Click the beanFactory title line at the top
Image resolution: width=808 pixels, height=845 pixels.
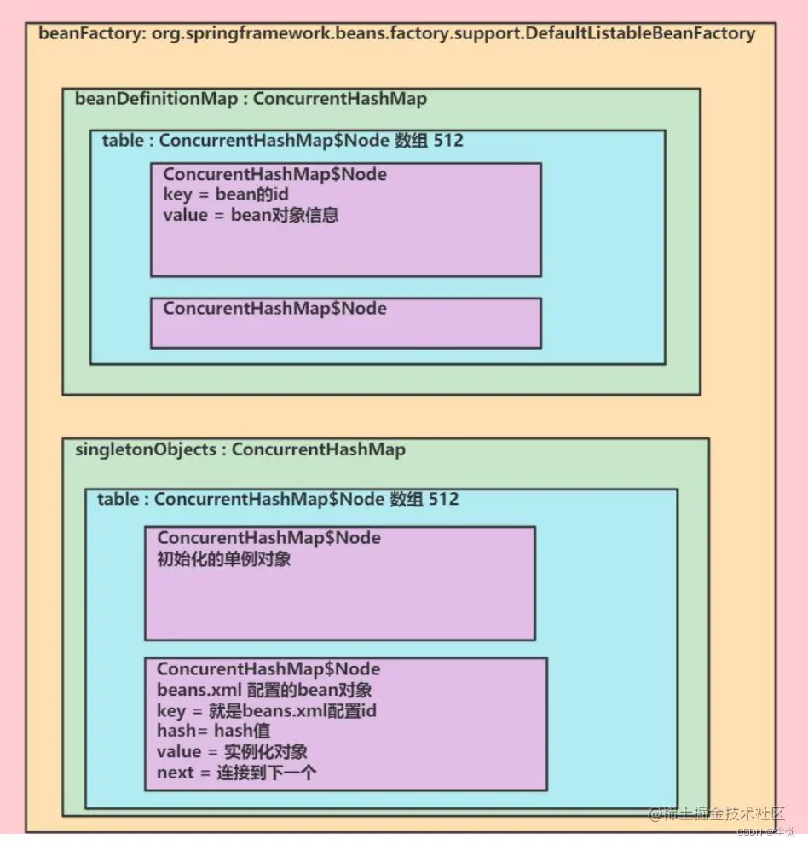[x=396, y=34]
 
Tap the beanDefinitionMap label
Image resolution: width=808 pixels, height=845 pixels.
[x=157, y=99]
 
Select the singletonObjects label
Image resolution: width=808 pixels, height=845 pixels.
[x=146, y=449]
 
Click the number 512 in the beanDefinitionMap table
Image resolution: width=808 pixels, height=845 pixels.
[x=448, y=140]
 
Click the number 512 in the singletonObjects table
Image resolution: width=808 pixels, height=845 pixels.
[x=443, y=499]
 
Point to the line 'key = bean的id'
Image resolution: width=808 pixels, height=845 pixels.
[x=225, y=194]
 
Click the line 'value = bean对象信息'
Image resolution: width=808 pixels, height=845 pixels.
[x=251, y=215]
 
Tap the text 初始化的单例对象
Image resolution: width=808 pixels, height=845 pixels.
[x=224, y=559]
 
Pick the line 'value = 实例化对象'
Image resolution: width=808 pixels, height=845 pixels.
[x=232, y=751]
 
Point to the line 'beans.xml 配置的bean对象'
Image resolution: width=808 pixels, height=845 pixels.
[x=264, y=690]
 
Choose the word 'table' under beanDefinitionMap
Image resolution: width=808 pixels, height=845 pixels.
[x=123, y=140]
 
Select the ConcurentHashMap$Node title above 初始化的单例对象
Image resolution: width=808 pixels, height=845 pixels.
[x=268, y=539]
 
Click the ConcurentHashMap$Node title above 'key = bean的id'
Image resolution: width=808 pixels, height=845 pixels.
[x=274, y=174]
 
